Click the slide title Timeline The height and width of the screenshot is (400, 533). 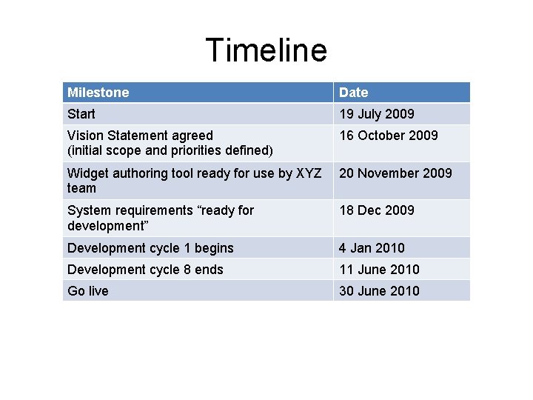coord(266,50)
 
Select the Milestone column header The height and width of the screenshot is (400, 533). coord(98,93)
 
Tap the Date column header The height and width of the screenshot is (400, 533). coord(353,93)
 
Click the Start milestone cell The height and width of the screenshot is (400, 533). coord(81,114)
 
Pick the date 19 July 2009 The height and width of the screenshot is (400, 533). coord(376,114)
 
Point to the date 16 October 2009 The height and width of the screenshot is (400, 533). coord(388,136)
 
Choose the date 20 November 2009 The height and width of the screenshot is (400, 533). coord(395,173)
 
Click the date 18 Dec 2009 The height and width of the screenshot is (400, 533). coord(376,210)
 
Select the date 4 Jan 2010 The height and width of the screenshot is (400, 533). coord(372,248)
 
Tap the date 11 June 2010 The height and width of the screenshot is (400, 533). coord(379,270)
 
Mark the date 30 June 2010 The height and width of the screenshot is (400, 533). coord(379,291)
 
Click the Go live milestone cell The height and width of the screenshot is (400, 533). coord(87,291)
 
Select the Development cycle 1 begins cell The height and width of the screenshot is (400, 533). coord(150,248)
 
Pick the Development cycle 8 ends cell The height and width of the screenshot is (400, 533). coord(145,270)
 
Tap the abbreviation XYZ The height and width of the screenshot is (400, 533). coord(309,173)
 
